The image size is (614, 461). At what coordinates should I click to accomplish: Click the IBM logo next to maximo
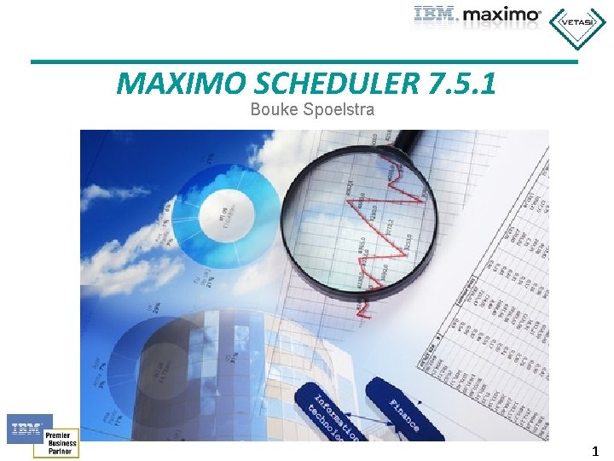tap(437, 14)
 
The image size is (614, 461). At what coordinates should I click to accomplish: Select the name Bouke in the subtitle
tap(272, 109)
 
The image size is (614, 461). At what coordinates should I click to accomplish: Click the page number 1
tap(595, 452)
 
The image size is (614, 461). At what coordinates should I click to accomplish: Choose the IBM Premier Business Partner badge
tap(43, 436)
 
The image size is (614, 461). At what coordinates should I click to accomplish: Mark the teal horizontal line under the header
tap(304, 61)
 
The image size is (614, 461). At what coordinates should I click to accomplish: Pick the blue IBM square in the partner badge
tap(29, 428)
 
